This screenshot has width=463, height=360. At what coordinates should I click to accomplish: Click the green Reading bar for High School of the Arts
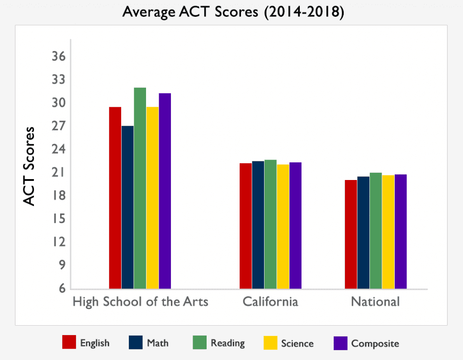click(x=140, y=188)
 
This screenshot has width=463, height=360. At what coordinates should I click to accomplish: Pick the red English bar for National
click(x=351, y=234)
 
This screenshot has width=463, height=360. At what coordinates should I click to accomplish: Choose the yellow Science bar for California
click(x=283, y=226)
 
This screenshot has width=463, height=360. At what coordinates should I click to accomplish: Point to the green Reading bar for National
click(x=376, y=231)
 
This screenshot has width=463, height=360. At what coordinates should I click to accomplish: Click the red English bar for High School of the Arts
click(x=115, y=198)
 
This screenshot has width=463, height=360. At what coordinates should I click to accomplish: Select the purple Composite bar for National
click(x=401, y=232)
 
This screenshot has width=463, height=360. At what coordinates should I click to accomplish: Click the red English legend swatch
click(x=69, y=342)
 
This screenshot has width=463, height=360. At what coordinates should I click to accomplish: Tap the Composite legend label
click(x=375, y=343)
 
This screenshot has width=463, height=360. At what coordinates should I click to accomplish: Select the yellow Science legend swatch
click(x=270, y=342)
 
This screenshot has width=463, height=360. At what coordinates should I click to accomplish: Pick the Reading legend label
click(x=227, y=343)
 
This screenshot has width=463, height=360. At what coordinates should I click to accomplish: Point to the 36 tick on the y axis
click(x=60, y=57)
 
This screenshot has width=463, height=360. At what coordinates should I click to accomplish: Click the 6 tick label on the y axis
click(x=62, y=289)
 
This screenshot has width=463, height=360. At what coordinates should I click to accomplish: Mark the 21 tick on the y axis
click(x=60, y=173)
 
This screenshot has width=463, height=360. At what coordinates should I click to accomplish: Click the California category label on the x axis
click(x=270, y=302)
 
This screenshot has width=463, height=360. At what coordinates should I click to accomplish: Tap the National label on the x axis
click(x=375, y=302)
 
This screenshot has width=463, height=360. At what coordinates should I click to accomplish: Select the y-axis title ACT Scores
click(x=29, y=166)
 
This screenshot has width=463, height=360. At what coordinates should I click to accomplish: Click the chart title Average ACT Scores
click(x=233, y=13)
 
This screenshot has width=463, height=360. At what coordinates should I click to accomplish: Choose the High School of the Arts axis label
click(x=140, y=302)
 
